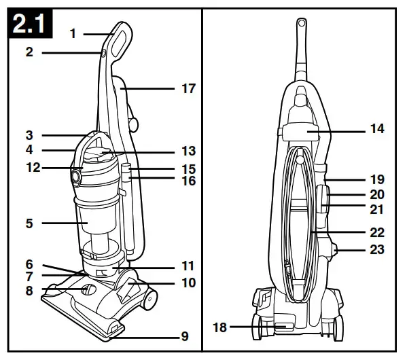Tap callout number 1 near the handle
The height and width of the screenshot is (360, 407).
[73, 33]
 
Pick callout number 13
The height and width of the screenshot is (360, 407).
[188, 151]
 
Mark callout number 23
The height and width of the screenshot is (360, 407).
[376, 249]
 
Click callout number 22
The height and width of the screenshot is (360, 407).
[376, 232]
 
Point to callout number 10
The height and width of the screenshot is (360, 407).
[188, 282]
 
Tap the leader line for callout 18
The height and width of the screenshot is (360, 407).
[251, 327]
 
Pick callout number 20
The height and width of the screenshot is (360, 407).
[376, 195]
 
